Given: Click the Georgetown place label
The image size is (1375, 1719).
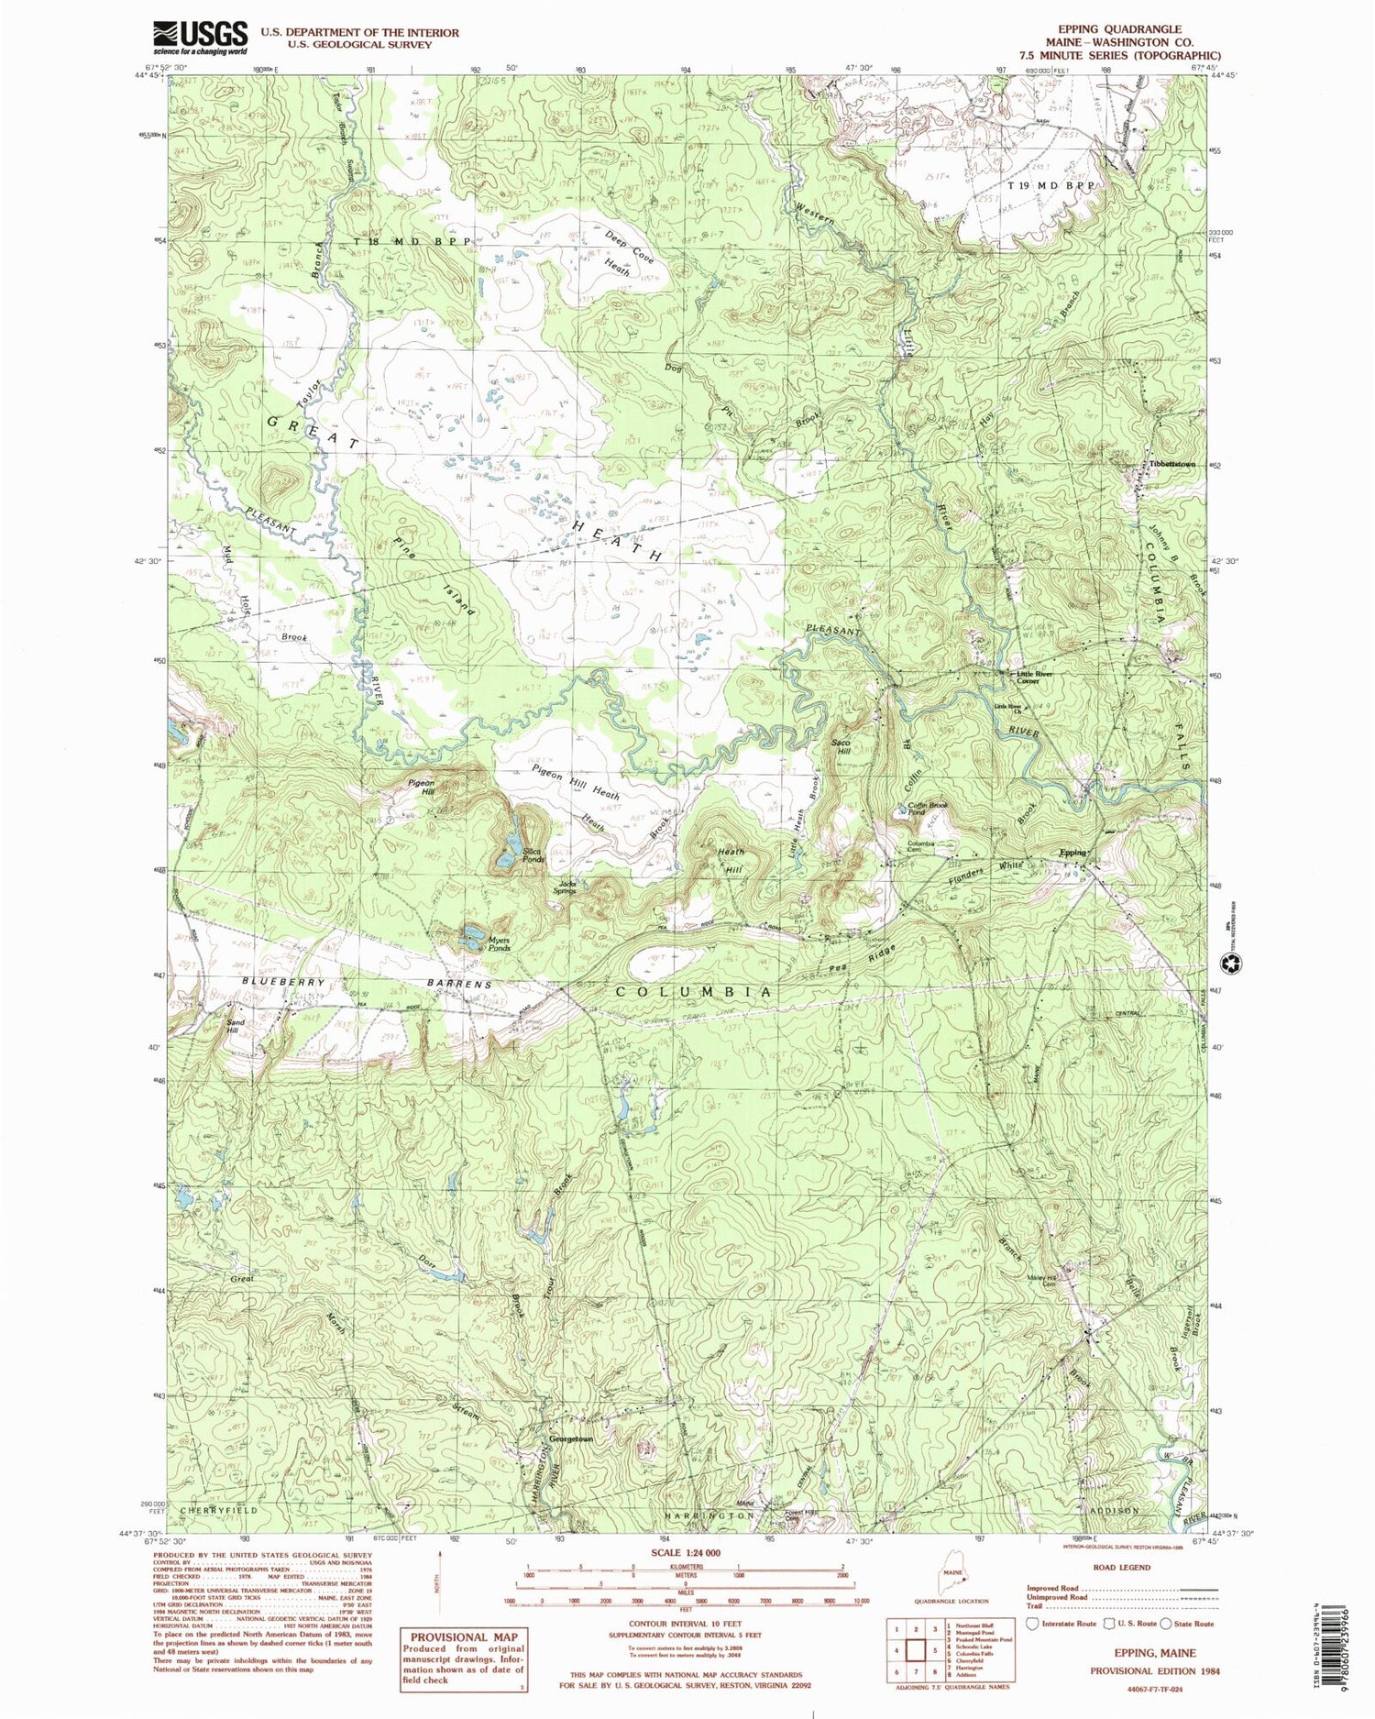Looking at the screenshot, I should pyautogui.click(x=570, y=1438).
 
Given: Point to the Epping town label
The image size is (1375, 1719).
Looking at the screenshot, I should pyautogui.click(x=1073, y=853).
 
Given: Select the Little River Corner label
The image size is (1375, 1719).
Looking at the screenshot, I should pyautogui.click(x=1034, y=678).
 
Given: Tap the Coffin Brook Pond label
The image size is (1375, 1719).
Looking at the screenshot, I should pyautogui.click(x=928, y=809).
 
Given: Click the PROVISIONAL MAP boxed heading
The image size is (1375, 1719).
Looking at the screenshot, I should pyautogui.click(x=464, y=1636).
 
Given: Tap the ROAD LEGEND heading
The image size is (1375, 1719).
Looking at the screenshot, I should pyautogui.click(x=1121, y=1567).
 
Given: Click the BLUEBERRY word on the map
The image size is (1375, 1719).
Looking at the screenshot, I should pyautogui.click(x=284, y=982).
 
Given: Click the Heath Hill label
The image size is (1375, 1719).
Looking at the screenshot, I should pyautogui.click(x=731, y=860).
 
